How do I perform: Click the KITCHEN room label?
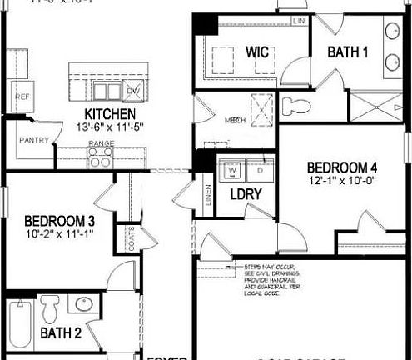(x=111, y=113)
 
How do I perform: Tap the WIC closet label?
(x=257, y=52)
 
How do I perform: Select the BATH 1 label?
(x=347, y=52)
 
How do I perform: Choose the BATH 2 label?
(x=61, y=334)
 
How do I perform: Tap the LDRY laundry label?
(x=247, y=194)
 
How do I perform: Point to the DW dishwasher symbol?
(x=133, y=92)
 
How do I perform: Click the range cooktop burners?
(x=101, y=158)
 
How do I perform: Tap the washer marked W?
(x=233, y=172)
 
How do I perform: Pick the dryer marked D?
(x=260, y=172)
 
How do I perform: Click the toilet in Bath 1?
(x=295, y=107)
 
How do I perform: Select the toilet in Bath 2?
(x=49, y=307)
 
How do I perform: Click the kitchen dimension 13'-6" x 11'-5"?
(x=111, y=128)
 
